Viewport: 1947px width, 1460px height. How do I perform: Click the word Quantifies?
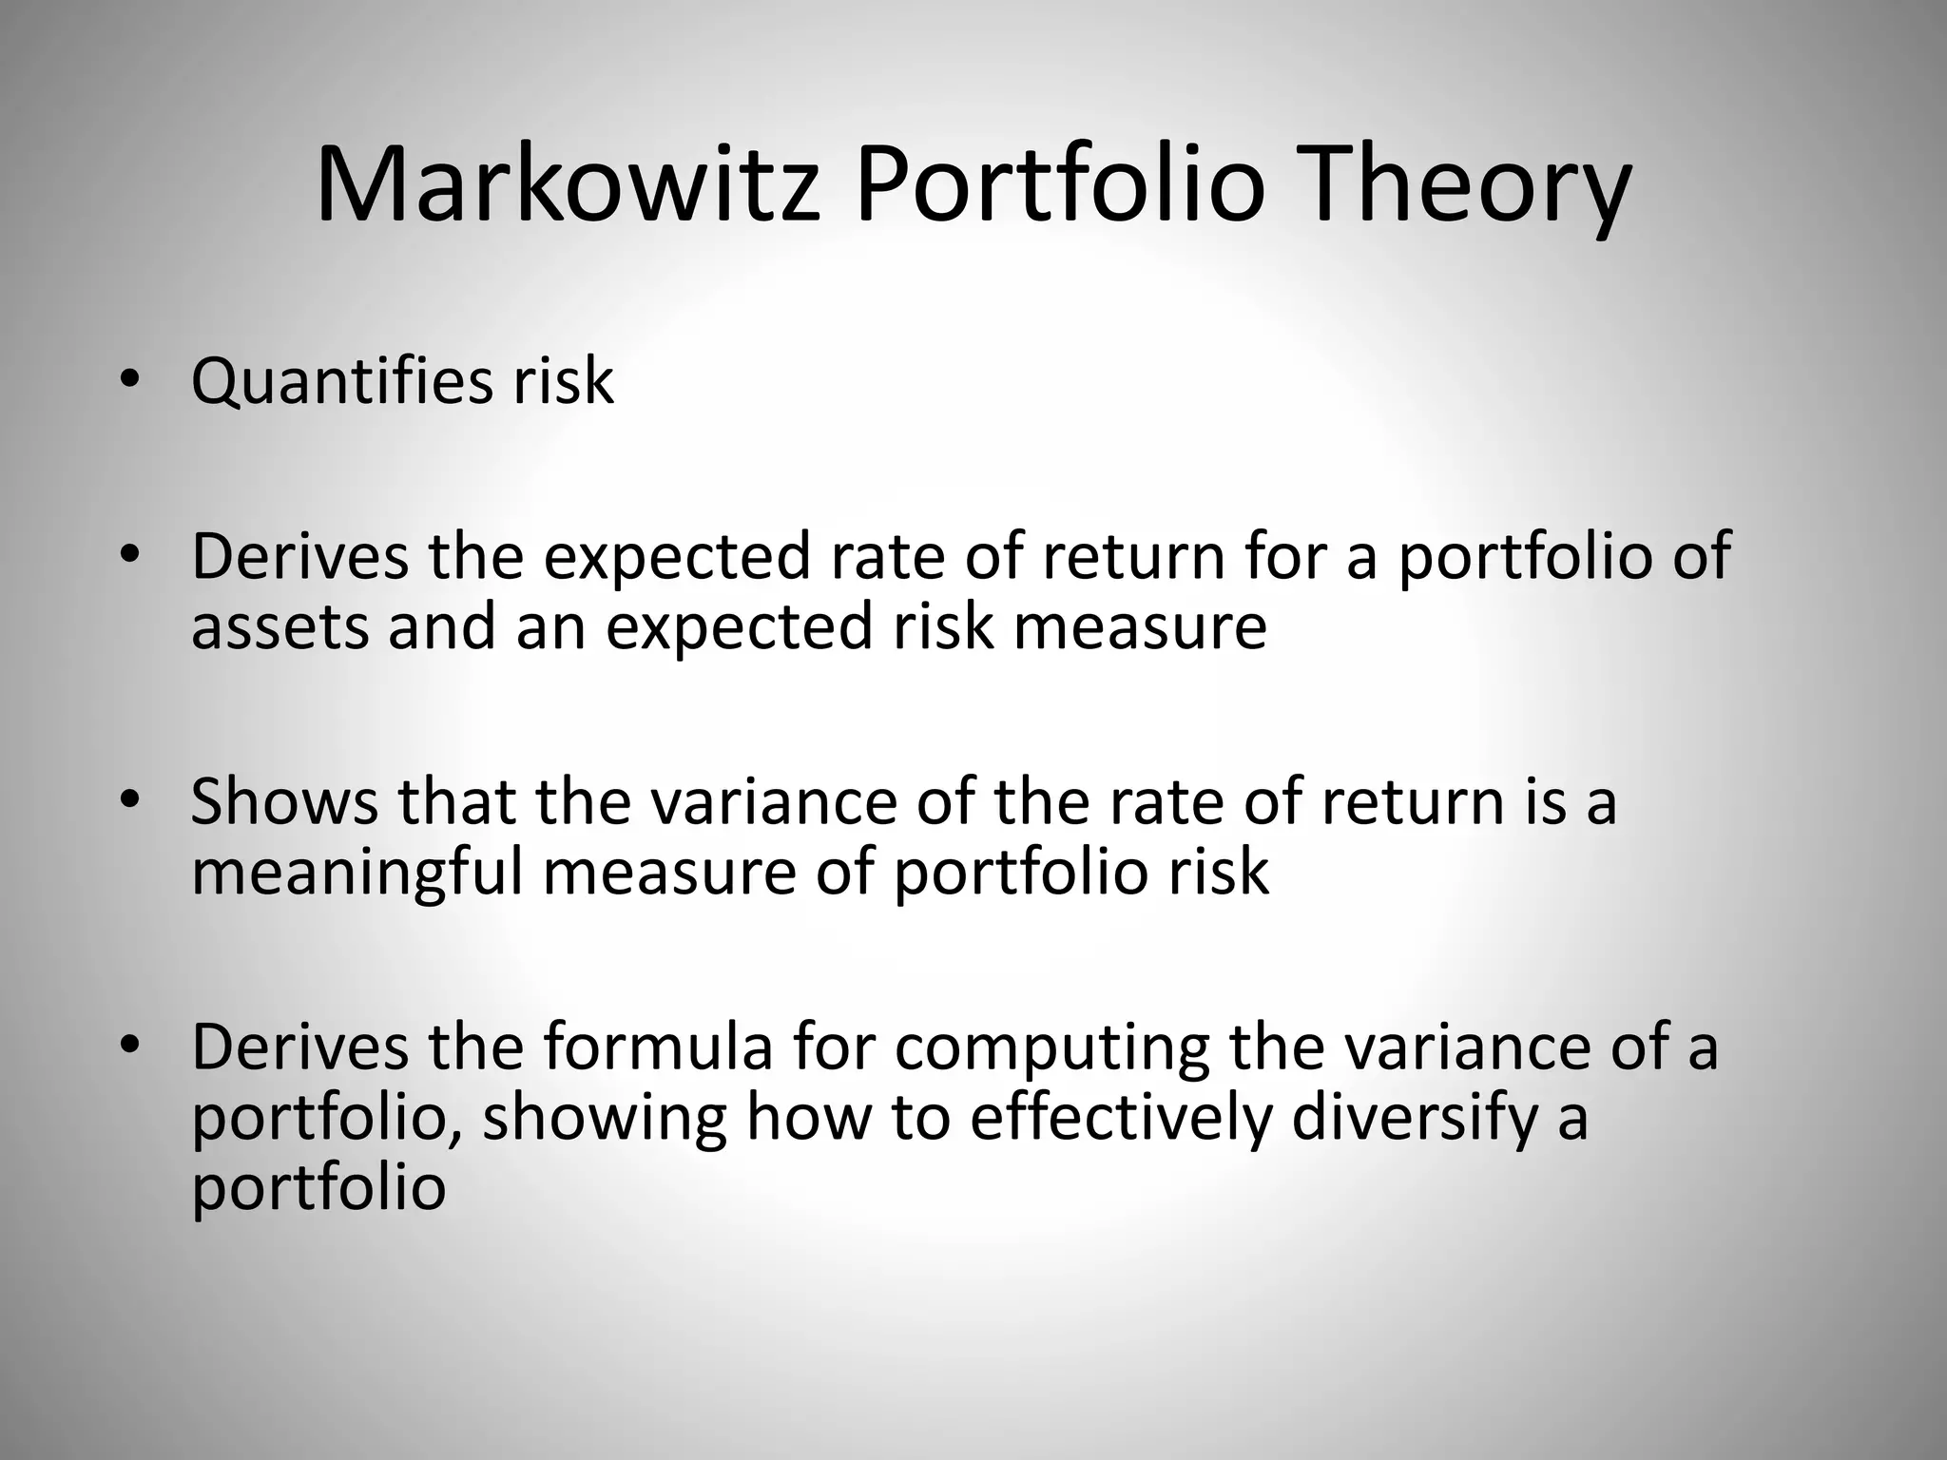(341, 382)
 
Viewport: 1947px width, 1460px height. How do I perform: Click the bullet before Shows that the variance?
(129, 801)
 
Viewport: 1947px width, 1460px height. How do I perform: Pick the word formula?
(658, 1047)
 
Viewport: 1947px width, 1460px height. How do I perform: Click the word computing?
(1051, 1047)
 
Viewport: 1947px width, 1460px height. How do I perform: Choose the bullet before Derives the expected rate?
(129, 556)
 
